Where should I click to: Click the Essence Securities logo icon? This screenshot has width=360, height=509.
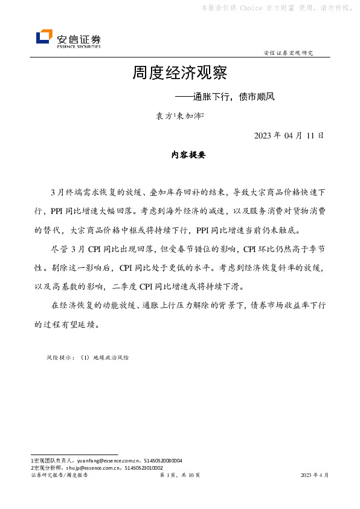44,37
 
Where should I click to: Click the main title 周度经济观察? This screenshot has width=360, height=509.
179,74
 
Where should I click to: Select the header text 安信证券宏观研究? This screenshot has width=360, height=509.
288,53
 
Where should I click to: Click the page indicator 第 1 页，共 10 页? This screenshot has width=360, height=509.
179,476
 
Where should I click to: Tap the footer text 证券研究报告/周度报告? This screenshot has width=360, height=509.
59,476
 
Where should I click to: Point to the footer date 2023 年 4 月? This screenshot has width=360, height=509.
315,476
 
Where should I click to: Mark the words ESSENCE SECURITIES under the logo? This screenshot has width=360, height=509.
79,46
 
